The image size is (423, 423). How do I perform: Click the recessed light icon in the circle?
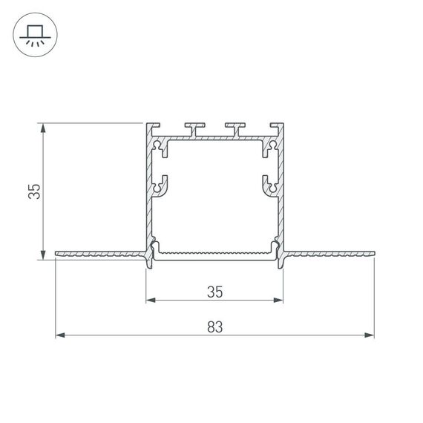(x=34, y=36)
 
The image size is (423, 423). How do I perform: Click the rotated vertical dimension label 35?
(x=33, y=191)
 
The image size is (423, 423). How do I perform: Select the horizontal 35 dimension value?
(x=214, y=292)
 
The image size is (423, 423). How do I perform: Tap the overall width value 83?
(x=214, y=326)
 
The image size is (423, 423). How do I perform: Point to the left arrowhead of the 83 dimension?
(x=60, y=335)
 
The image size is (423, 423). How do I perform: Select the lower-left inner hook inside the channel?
(x=160, y=185)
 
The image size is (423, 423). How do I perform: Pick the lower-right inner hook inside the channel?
(x=270, y=185)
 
